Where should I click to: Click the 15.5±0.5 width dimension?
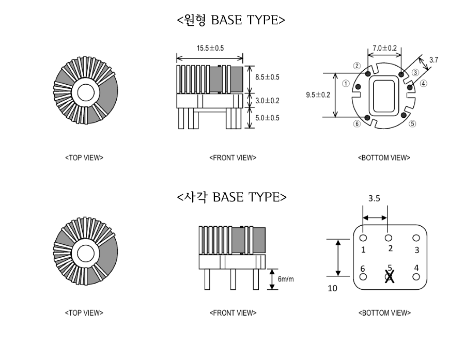pos(210,48)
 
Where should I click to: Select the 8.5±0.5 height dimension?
pos(267,77)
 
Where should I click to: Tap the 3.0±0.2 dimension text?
pos(267,101)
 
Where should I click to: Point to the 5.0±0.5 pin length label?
pos(267,118)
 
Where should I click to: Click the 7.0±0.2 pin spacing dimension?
pos(384,48)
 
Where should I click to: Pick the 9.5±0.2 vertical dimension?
pos(318,95)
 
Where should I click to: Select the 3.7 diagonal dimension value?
pos(433,60)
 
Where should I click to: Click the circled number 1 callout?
pos(346,84)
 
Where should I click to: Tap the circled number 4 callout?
pos(424,84)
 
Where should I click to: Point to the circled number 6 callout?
pos(357,123)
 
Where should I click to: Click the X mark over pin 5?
pos(390,276)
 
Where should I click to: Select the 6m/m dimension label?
pos(286,279)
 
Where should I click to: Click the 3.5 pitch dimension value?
pos(374,198)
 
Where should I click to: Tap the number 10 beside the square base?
pos(332,288)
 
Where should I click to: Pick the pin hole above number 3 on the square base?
pos(416,238)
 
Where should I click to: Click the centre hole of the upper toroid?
pos(86,92)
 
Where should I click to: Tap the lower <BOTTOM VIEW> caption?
pos(384,313)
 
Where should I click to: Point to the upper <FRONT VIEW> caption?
pos(233,158)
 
